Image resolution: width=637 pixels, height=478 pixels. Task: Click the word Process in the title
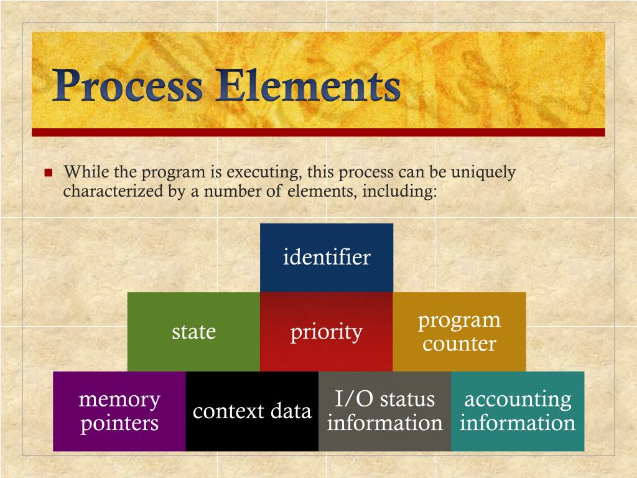pos(128,87)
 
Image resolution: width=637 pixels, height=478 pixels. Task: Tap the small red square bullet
pos(49,172)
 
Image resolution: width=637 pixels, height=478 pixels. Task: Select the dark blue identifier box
pos(327,257)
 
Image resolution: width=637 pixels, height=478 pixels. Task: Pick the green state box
pos(193,332)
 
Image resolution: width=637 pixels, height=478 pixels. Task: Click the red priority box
pos(326,332)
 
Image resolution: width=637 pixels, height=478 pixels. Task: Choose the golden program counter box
pos(459,332)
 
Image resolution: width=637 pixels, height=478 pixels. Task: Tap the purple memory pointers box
pos(119,411)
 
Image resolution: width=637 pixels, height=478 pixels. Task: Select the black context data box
pos(252,411)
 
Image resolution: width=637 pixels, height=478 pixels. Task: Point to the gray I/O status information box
pos(384,411)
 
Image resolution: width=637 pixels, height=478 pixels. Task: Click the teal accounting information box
pos(518,411)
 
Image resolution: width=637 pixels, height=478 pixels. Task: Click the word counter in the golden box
pos(459,344)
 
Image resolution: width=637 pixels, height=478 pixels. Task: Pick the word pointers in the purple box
pos(119,424)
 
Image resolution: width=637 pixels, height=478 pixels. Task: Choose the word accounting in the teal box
pos(518,399)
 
